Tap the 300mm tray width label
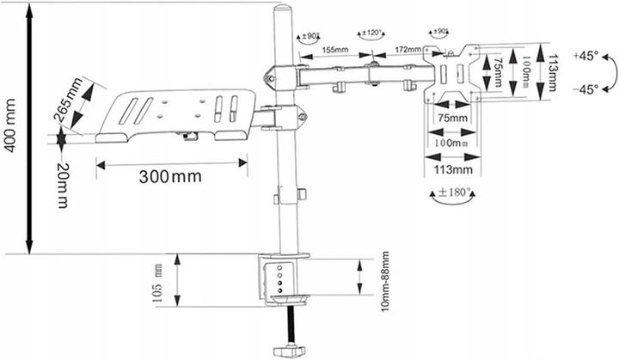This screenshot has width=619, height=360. [169, 177]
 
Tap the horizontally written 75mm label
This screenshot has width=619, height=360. [452, 117]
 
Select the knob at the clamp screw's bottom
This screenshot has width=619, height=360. [284, 351]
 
